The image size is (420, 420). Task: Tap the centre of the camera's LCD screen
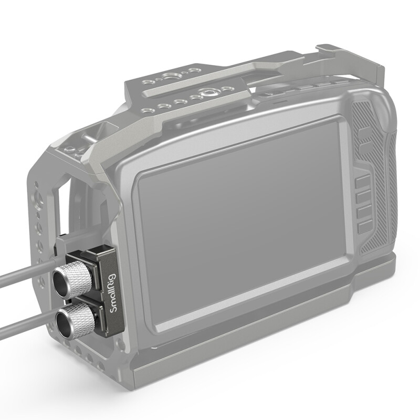click(241, 226)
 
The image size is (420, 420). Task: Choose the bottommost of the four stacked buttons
click(365, 227)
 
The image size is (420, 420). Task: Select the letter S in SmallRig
click(112, 323)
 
